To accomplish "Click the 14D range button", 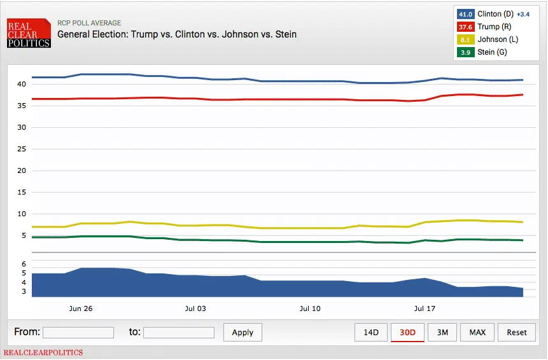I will (371, 332).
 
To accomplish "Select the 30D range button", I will (407, 332).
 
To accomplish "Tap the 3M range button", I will (442, 332).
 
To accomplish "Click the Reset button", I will (517, 332).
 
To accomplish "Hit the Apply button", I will (242, 332).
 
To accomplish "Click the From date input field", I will (78, 332).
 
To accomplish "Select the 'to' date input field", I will (179, 332).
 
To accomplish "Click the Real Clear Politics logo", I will (29, 34).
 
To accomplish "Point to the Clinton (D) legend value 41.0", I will (465, 14).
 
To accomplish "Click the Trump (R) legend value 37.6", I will (465, 27).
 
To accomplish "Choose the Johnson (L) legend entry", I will (492, 39).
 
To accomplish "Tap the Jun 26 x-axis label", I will (81, 308).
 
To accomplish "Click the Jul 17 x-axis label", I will (425, 308).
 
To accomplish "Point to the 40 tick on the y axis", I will (21, 84).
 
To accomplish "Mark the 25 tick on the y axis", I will (21, 149).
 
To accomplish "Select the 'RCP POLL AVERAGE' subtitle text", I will (89, 24).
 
